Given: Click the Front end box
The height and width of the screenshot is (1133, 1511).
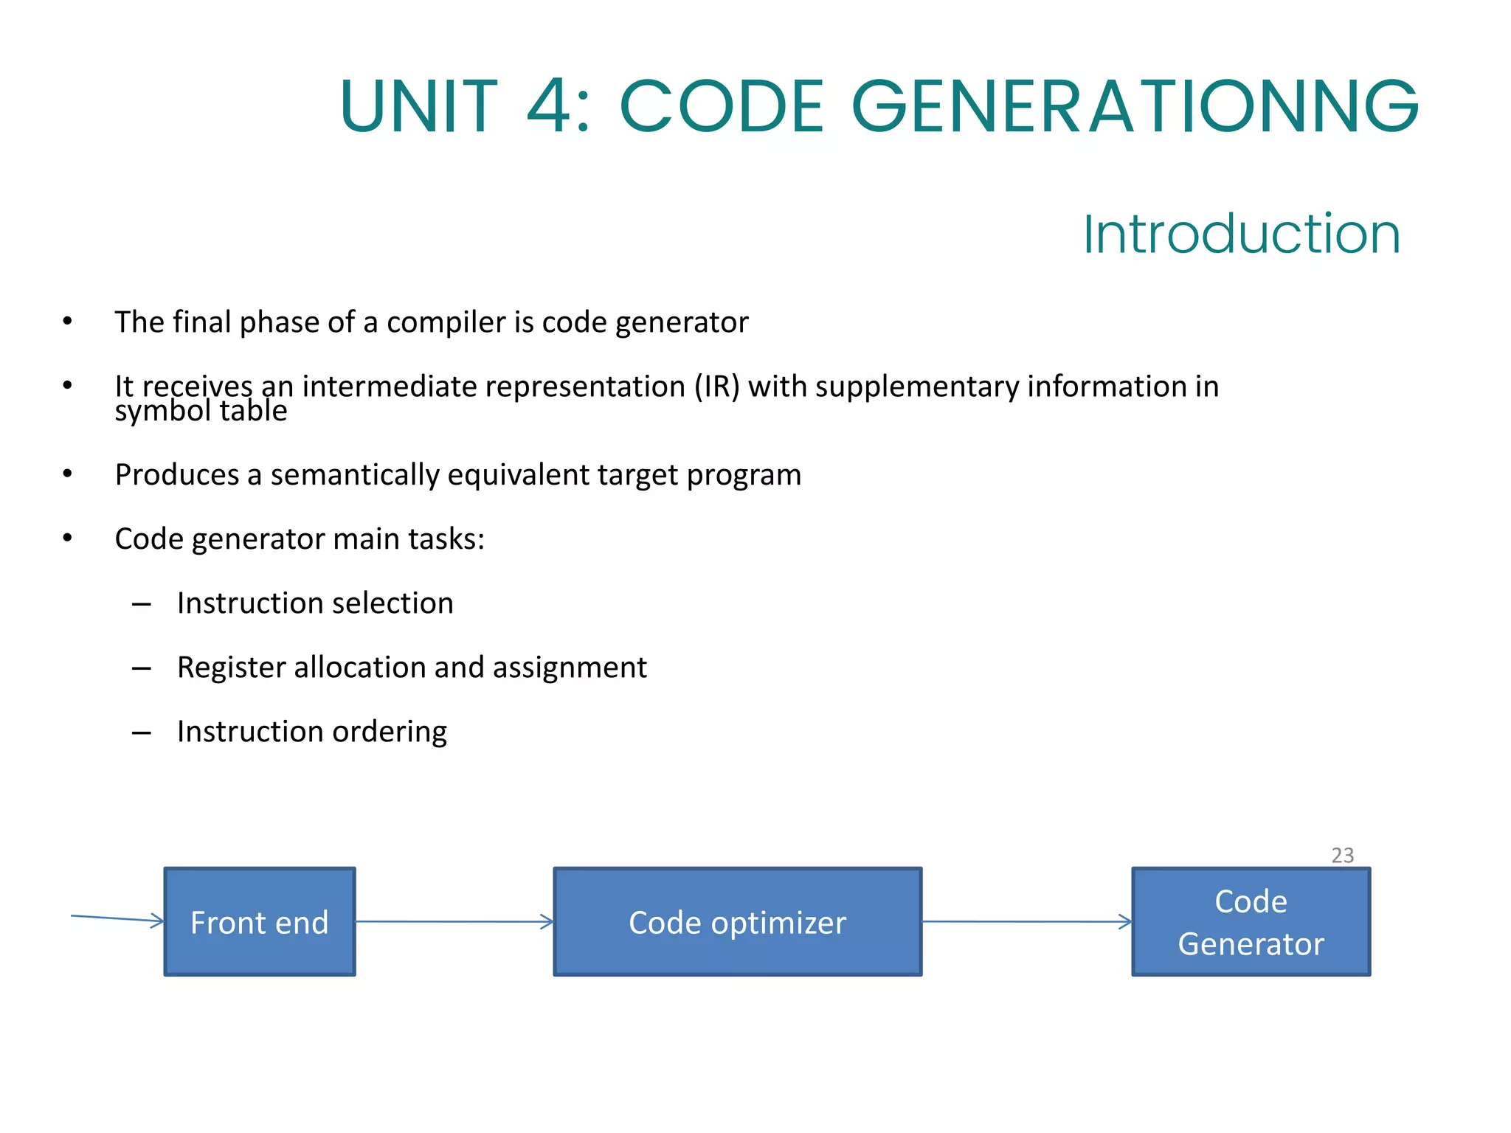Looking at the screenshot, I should point(260,922).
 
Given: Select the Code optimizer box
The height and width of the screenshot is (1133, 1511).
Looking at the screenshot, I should point(738,922).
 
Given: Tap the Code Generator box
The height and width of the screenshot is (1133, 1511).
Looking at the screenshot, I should point(1251,922).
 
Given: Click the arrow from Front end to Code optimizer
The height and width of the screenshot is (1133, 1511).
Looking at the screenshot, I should point(454,921).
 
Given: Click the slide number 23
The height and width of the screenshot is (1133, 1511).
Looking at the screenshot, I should point(1342,856).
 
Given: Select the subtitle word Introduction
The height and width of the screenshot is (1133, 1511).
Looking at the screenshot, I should point(1241,235).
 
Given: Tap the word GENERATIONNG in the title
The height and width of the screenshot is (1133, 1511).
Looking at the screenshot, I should point(1135,107).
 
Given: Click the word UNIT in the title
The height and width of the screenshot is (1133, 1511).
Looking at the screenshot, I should point(418,107).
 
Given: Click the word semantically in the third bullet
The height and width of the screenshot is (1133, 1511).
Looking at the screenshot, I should point(354,475).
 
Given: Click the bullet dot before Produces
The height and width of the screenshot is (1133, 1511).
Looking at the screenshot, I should point(67,474).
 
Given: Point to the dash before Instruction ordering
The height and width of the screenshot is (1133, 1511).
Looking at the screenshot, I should point(141,732).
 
